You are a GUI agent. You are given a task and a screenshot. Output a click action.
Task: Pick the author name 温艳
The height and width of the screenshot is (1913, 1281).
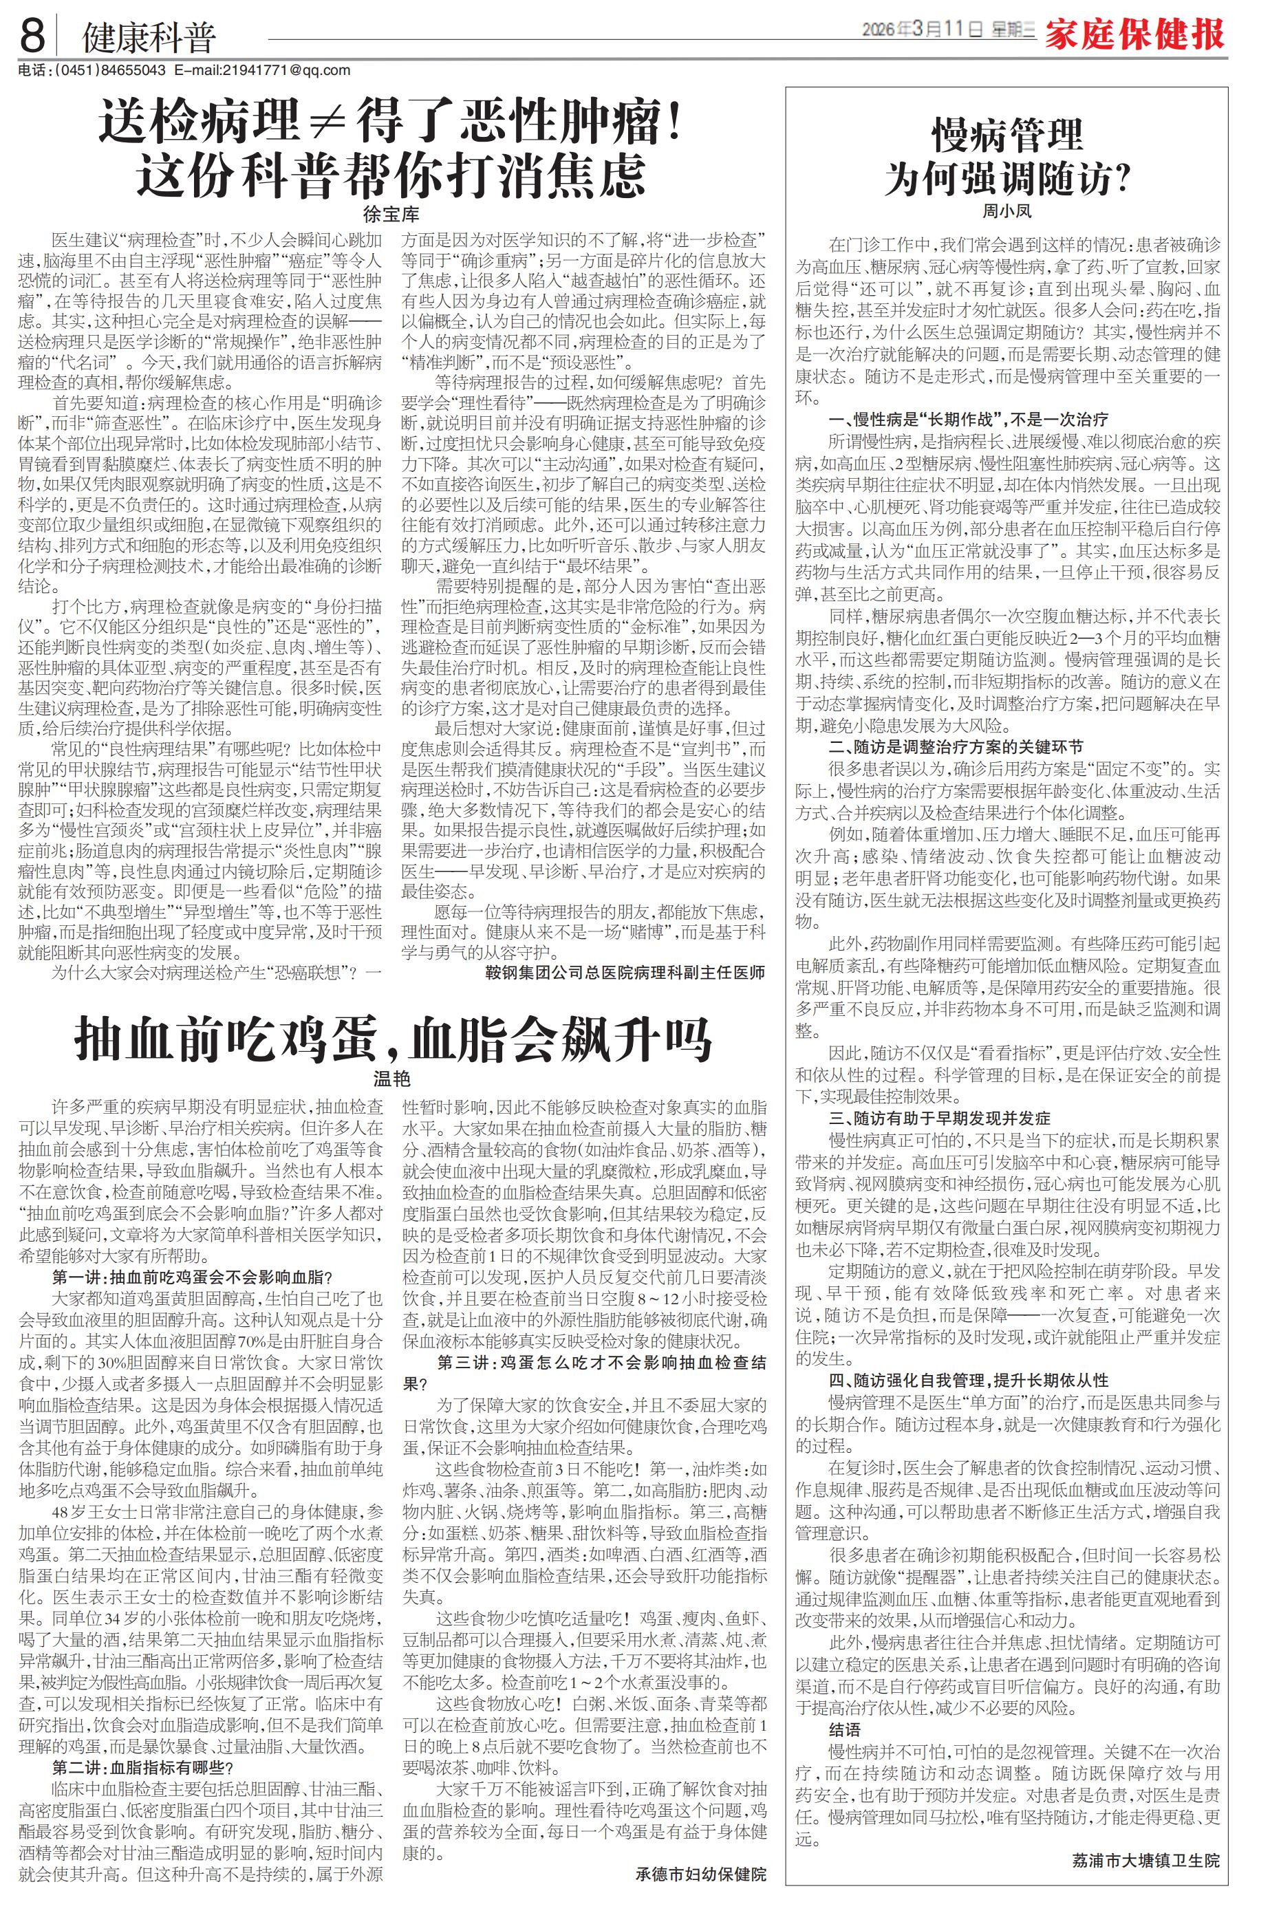(x=391, y=1081)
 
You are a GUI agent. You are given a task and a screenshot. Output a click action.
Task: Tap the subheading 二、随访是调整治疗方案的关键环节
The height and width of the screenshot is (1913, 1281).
(x=956, y=746)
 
